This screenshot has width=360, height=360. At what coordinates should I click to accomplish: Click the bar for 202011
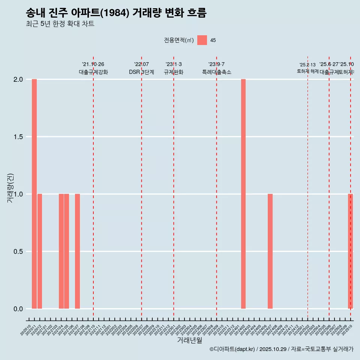34,194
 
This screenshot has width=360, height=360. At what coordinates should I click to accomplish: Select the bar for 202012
40,251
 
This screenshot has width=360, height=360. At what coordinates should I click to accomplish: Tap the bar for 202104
61,251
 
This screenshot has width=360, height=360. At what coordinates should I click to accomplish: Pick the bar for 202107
77,251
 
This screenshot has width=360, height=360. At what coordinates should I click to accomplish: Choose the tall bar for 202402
243,194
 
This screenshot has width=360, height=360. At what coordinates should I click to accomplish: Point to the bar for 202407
270,251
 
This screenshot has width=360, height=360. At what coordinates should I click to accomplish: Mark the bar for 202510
351,251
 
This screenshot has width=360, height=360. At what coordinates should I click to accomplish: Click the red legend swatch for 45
202,40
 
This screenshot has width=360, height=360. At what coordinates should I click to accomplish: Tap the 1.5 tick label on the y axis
18,137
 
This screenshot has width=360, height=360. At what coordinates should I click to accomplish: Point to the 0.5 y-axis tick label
18,252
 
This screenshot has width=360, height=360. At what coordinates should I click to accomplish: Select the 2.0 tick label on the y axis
18,79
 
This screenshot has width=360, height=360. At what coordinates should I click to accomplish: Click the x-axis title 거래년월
189,340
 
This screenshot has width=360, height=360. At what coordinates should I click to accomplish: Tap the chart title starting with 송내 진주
116,13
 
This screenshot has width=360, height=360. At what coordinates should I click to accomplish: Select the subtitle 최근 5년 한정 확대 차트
60,24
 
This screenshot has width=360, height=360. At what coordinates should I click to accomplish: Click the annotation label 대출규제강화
93,72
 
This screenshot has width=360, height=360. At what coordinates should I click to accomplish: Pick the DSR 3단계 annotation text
141,72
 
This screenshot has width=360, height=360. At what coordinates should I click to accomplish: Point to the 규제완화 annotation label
174,72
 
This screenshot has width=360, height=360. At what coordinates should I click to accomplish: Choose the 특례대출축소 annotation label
217,72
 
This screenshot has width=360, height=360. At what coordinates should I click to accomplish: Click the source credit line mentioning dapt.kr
281,349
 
